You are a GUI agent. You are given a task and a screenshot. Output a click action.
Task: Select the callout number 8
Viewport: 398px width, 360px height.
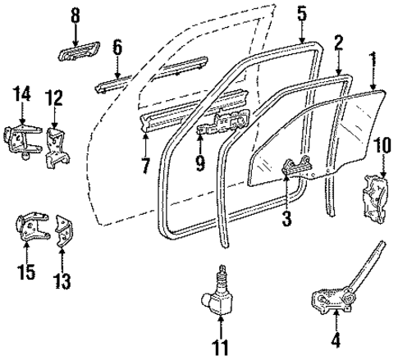75,15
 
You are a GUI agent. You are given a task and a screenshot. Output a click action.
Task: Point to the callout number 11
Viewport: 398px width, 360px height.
218,348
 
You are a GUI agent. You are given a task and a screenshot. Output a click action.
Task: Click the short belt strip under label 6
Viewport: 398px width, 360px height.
112,82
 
